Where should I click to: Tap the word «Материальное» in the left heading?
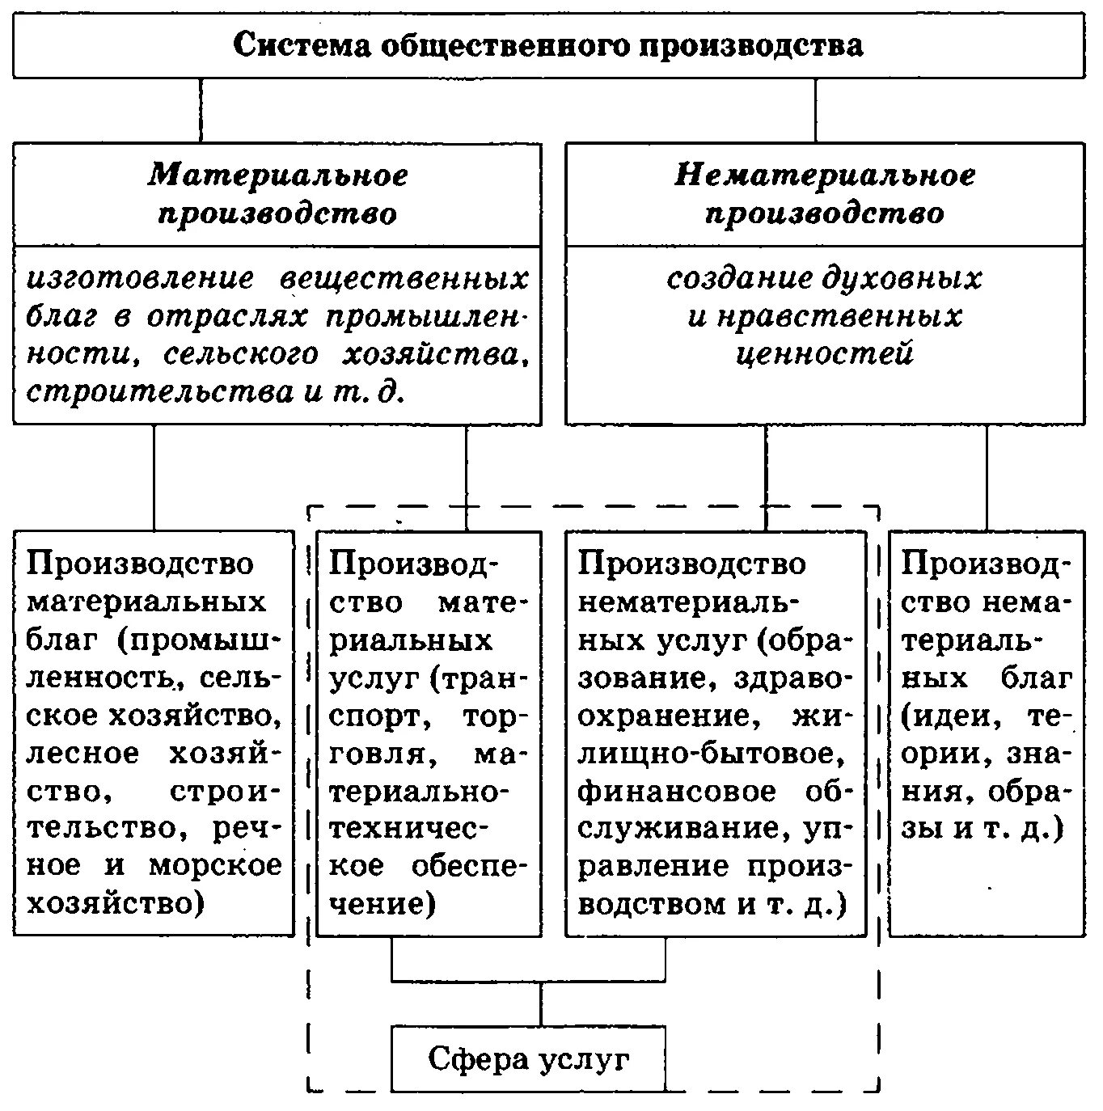tap(277, 175)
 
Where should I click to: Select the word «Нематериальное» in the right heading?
tap(825, 175)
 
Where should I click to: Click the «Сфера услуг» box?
tap(528, 1059)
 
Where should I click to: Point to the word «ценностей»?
tap(825, 354)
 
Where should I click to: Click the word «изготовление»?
tap(140, 279)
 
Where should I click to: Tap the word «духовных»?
tap(902, 279)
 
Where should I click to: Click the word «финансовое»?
tap(677, 792)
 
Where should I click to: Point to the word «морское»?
tap(215, 866)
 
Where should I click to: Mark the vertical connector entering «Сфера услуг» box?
tap(541, 1004)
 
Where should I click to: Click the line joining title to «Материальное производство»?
tap(201, 110)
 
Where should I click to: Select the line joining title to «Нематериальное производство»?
tap(815, 110)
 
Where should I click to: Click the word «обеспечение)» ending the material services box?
tap(469, 866)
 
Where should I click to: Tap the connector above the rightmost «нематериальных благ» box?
tap(987, 477)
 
